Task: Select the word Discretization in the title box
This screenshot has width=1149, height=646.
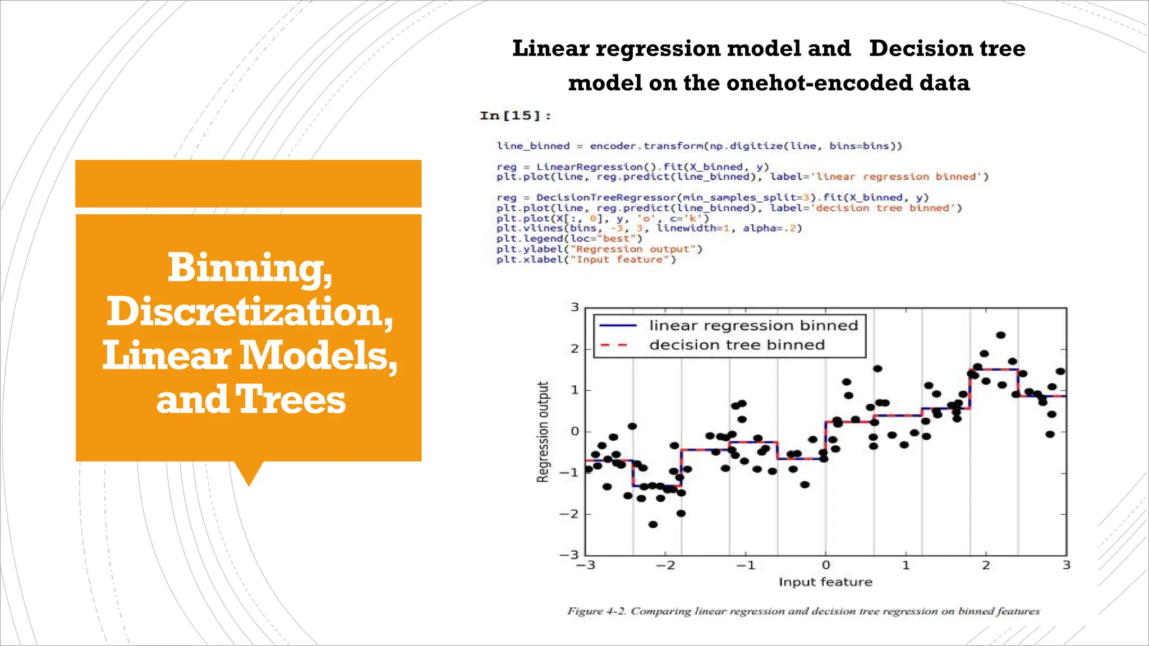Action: [x=250, y=311]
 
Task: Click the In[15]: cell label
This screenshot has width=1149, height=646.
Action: [x=515, y=116]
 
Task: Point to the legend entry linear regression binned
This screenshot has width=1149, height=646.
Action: [x=753, y=325]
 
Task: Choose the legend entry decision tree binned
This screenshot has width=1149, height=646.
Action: [x=737, y=345]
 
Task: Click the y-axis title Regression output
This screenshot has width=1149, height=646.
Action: [x=543, y=431]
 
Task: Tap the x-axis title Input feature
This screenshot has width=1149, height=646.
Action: [x=825, y=582]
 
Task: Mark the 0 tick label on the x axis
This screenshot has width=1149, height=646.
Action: [x=825, y=565]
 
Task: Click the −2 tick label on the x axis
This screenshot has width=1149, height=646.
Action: [x=665, y=565]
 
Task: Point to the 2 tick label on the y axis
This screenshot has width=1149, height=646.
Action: [x=574, y=348]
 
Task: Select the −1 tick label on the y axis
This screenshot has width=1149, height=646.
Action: [x=571, y=472]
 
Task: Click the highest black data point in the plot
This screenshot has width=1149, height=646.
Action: [x=1000, y=335]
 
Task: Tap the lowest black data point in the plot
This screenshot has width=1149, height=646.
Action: [x=652, y=524]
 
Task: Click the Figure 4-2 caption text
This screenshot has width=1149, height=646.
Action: [x=803, y=611]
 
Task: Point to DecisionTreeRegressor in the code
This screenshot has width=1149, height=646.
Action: [x=606, y=197]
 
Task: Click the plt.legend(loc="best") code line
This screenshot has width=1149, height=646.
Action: [x=569, y=238]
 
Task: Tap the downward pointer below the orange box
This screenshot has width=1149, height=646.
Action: [x=249, y=474]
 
